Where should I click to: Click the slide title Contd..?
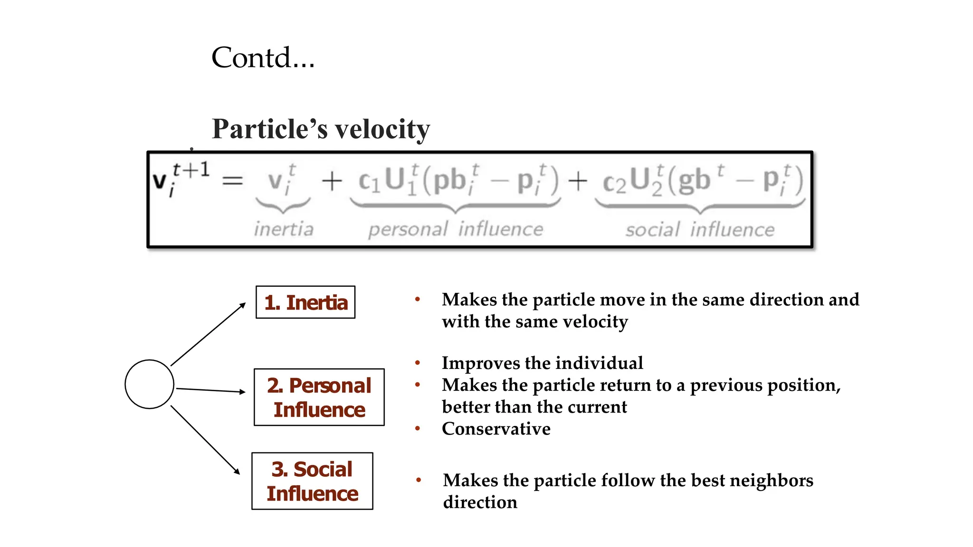click(x=263, y=58)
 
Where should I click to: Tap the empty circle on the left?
click(x=149, y=384)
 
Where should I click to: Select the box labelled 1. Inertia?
click(x=305, y=302)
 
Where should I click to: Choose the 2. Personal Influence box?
click(x=319, y=397)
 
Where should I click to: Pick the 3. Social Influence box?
click(x=312, y=481)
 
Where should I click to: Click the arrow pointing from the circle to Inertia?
click(x=208, y=334)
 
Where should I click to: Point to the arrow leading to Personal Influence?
click(x=210, y=390)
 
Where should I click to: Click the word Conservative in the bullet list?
click(x=496, y=429)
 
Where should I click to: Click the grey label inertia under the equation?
click(x=284, y=229)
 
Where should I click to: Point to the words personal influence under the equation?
click(x=455, y=229)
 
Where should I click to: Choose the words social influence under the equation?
click(x=699, y=230)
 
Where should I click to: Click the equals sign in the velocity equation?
click(x=233, y=181)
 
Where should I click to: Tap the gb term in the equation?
click(x=694, y=180)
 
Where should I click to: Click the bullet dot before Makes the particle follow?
click(x=419, y=480)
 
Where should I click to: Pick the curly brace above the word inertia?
click(x=283, y=205)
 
